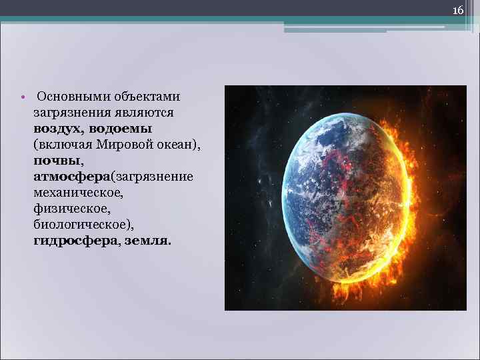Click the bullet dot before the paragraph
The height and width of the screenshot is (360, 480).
(x=23, y=97)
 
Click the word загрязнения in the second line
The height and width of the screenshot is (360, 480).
(x=70, y=113)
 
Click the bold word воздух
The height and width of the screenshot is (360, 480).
(x=57, y=128)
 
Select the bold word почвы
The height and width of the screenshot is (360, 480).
(x=57, y=160)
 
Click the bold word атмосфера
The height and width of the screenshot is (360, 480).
(x=71, y=176)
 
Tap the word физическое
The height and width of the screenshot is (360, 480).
(x=66, y=208)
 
